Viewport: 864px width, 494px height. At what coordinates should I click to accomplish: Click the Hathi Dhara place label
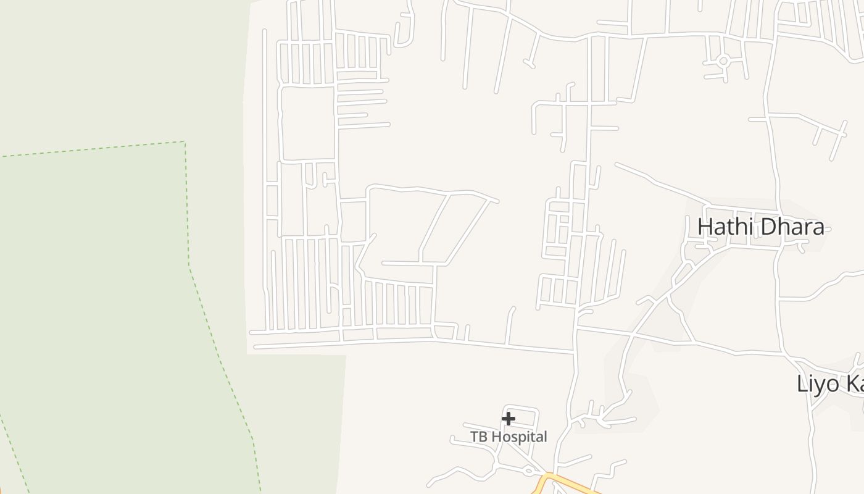click(x=760, y=227)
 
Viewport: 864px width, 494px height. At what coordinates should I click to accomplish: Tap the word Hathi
click(x=725, y=227)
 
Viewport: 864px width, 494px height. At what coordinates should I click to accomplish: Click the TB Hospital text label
click(x=509, y=437)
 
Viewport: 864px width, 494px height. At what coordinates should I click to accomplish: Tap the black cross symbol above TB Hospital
click(x=508, y=419)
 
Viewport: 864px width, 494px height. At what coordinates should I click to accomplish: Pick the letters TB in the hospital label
click(x=478, y=437)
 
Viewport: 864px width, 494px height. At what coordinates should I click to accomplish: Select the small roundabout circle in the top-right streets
click(x=723, y=61)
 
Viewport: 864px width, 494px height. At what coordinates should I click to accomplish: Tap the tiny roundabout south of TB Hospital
click(x=528, y=471)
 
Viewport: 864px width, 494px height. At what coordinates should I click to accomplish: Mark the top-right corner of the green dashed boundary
click(x=185, y=142)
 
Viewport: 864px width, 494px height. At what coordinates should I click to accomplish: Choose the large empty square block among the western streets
click(x=307, y=124)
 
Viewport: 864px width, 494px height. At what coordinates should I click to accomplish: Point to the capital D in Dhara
click(x=768, y=227)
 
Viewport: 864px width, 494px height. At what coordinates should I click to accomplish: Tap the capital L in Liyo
click(x=802, y=383)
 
